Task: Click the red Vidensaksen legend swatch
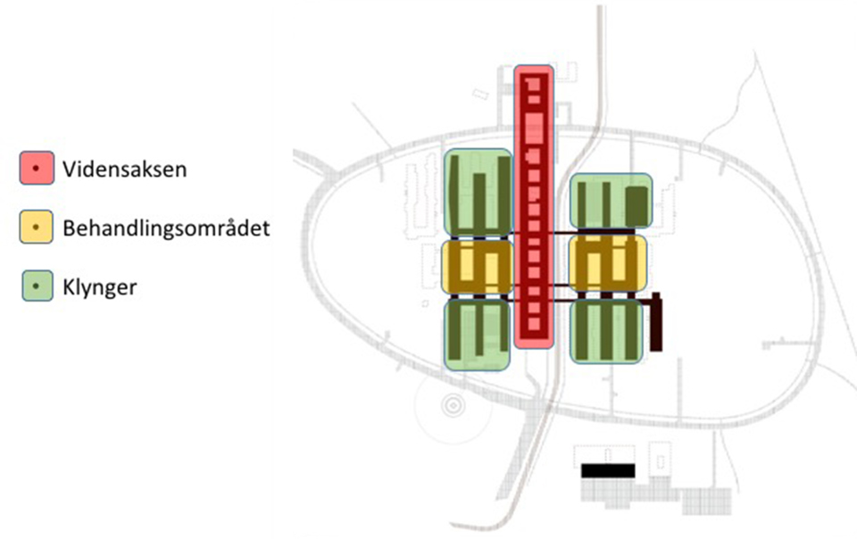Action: point(37,168)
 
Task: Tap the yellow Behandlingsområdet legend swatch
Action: point(37,227)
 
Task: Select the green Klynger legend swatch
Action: point(37,286)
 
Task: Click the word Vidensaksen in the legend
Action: point(125,170)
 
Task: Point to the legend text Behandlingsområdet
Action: point(166,228)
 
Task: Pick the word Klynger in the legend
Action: point(100,287)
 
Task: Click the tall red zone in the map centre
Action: point(534,206)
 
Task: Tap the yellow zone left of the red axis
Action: point(477,267)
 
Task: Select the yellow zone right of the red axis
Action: point(608,264)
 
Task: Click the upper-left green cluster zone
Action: point(478,194)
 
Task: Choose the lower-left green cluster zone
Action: point(477,335)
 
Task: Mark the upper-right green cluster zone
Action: point(611,201)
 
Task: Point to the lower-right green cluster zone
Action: point(606,331)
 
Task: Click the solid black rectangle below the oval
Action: point(608,471)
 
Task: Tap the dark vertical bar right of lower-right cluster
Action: point(656,322)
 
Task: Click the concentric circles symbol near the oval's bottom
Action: point(453,406)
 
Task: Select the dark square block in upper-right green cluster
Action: point(637,206)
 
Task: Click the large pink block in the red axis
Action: point(534,128)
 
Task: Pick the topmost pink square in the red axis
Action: point(534,85)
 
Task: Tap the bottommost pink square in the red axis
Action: point(534,325)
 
